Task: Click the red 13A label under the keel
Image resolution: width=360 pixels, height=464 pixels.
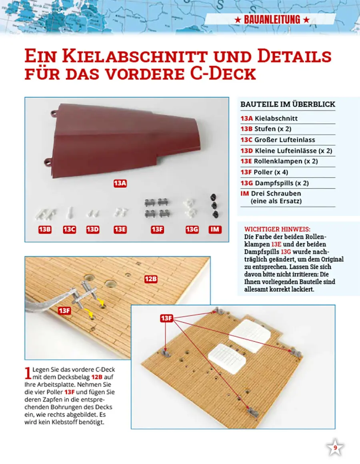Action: click(x=120, y=183)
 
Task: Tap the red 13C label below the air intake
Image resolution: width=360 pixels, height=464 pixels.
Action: click(x=69, y=229)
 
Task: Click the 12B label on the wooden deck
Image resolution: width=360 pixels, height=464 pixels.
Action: click(x=150, y=279)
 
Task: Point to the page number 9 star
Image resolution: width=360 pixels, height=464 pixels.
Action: click(x=335, y=448)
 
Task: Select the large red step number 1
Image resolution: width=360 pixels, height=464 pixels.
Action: click(x=28, y=373)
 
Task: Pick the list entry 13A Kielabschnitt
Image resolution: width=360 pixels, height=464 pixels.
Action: click(x=269, y=118)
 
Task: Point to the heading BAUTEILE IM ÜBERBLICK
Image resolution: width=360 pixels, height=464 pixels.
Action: click(x=288, y=104)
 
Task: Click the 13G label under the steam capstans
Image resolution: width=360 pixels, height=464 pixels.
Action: click(x=192, y=229)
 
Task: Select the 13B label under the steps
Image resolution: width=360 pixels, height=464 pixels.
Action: click(x=44, y=229)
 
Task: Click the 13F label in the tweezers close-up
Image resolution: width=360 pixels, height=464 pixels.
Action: click(x=65, y=310)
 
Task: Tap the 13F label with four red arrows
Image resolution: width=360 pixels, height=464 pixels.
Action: click(x=166, y=318)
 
